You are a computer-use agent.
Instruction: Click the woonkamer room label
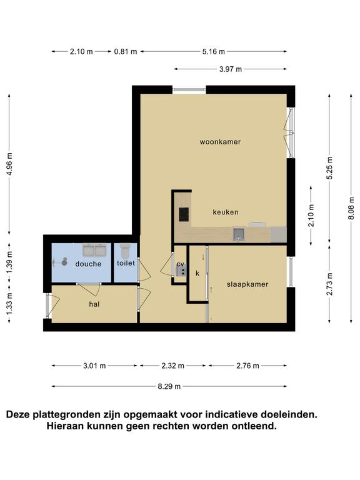(220, 142)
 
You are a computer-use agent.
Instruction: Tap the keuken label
(225, 212)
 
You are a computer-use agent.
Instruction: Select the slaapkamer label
(247, 284)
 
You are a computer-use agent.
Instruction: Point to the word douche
(88, 264)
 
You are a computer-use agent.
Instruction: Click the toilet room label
(126, 263)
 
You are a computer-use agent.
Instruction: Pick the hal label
(94, 304)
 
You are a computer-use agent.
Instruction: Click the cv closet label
(180, 264)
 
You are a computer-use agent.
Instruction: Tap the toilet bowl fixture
(125, 251)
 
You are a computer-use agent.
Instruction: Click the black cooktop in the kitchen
(184, 214)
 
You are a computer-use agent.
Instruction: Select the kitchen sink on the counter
(239, 234)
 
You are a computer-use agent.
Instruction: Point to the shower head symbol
(64, 262)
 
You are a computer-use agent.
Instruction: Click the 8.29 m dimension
(169, 386)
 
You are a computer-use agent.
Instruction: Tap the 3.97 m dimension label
(231, 69)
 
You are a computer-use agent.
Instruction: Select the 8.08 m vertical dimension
(351, 208)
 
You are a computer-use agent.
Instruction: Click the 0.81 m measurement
(126, 51)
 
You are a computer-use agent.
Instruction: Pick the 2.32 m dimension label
(173, 366)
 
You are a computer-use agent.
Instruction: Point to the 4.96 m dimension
(9, 164)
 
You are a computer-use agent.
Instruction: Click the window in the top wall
(189, 90)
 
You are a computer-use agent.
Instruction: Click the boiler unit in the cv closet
(181, 270)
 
